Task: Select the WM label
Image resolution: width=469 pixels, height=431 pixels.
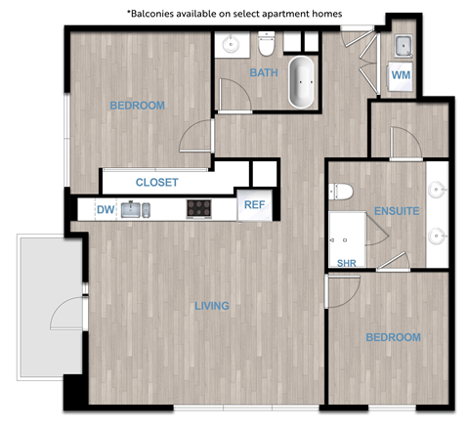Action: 401,74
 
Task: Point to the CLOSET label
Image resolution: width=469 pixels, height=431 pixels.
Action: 156,182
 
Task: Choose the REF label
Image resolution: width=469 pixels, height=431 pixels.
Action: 254,205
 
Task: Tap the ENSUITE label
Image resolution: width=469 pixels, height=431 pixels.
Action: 396,210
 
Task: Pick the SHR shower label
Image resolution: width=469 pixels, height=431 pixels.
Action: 346,263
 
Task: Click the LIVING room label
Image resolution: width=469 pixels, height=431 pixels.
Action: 211,306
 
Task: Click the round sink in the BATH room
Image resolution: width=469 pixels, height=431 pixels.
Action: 233,44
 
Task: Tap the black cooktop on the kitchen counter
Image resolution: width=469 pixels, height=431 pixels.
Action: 199,208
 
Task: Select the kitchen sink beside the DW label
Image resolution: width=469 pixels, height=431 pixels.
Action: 138,208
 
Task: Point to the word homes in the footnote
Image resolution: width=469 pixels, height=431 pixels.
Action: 325,13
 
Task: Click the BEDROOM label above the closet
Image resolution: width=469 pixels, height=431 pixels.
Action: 137,106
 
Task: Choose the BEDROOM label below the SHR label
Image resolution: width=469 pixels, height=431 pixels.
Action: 393,337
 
